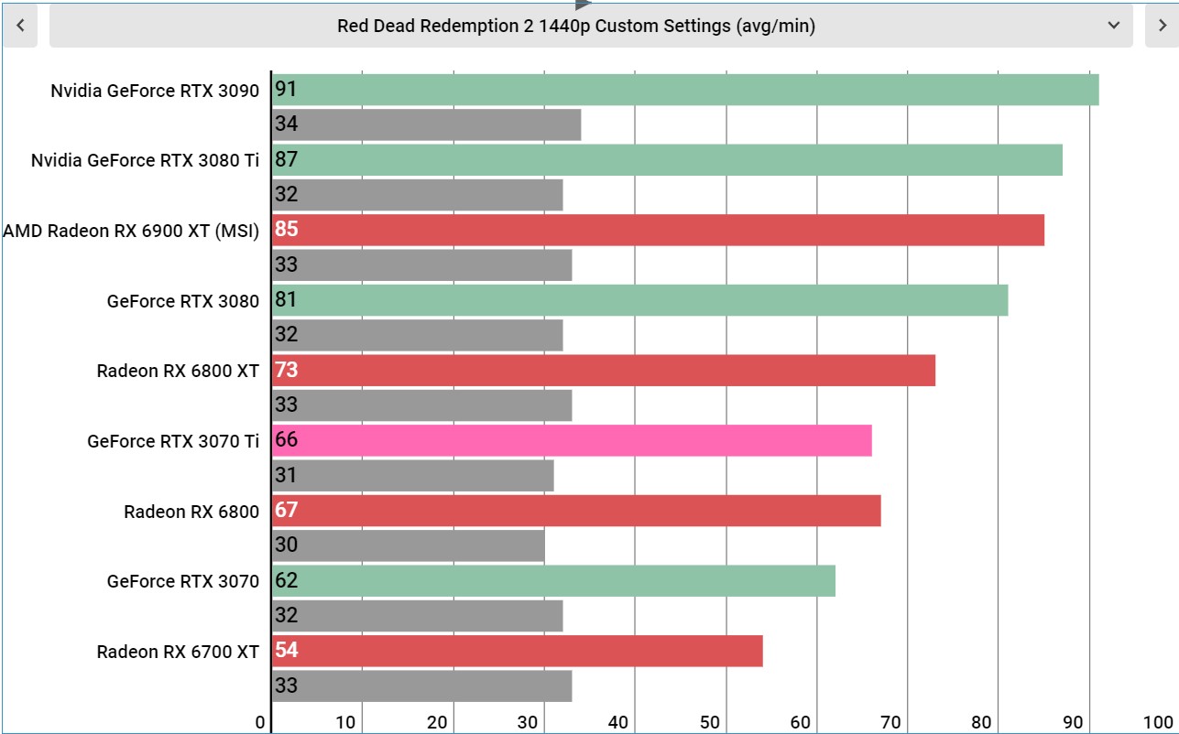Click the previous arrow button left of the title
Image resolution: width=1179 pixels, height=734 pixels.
tap(20, 26)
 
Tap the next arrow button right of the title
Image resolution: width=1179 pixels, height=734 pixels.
tap(1162, 26)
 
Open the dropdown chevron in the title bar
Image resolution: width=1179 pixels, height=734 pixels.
tap(1113, 26)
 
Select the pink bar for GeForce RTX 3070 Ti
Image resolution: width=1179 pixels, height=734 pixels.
tap(572, 440)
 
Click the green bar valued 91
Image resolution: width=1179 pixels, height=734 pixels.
tap(685, 90)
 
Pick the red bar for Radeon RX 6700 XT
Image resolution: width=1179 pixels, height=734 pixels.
tap(518, 651)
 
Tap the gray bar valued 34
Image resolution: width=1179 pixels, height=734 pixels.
tap(426, 124)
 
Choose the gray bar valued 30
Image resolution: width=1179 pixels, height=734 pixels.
tap(409, 545)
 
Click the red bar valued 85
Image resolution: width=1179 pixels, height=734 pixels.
tap(658, 230)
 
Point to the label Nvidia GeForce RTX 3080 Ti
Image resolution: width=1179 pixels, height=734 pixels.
tap(145, 160)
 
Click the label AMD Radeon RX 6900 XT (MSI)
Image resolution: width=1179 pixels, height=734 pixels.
tap(131, 231)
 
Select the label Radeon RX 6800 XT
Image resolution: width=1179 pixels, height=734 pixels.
tap(178, 372)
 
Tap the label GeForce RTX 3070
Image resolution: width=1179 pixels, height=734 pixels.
tap(183, 581)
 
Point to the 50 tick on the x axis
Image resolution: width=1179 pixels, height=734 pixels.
tap(709, 722)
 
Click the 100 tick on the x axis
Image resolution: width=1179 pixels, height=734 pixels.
tap(1158, 722)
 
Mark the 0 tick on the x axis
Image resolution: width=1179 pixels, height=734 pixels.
tap(260, 722)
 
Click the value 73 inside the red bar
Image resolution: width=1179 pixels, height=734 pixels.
tap(287, 370)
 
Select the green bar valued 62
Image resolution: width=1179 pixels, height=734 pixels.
tap(553, 581)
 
